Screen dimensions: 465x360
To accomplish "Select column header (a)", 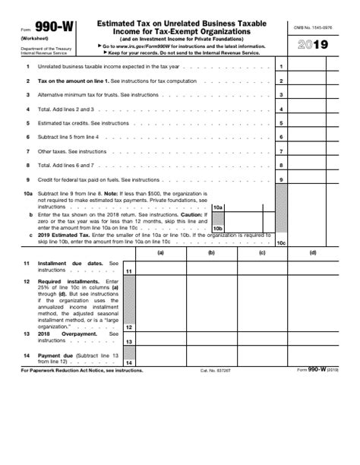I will [x=161, y=253].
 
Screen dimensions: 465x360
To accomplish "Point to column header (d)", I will [x=313, y=253].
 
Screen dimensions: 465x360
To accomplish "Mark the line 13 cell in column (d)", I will [x=313, y=340].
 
